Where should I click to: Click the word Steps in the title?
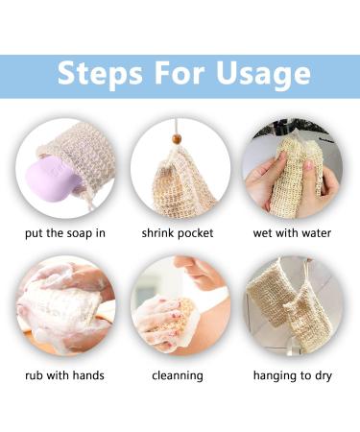coord(99,74)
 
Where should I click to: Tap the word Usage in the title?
coord(259,74)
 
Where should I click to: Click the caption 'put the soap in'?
coord(65,233)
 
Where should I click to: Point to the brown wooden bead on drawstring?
coord(176,139)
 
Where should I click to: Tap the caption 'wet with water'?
coord(292,233)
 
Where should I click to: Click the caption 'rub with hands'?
coord(64,374)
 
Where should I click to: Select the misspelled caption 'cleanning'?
coord(178,374)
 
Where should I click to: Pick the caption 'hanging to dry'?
coord(293,374)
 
